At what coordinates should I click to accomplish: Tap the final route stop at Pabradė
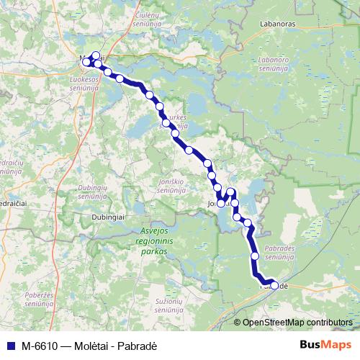tap(274, 285)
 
